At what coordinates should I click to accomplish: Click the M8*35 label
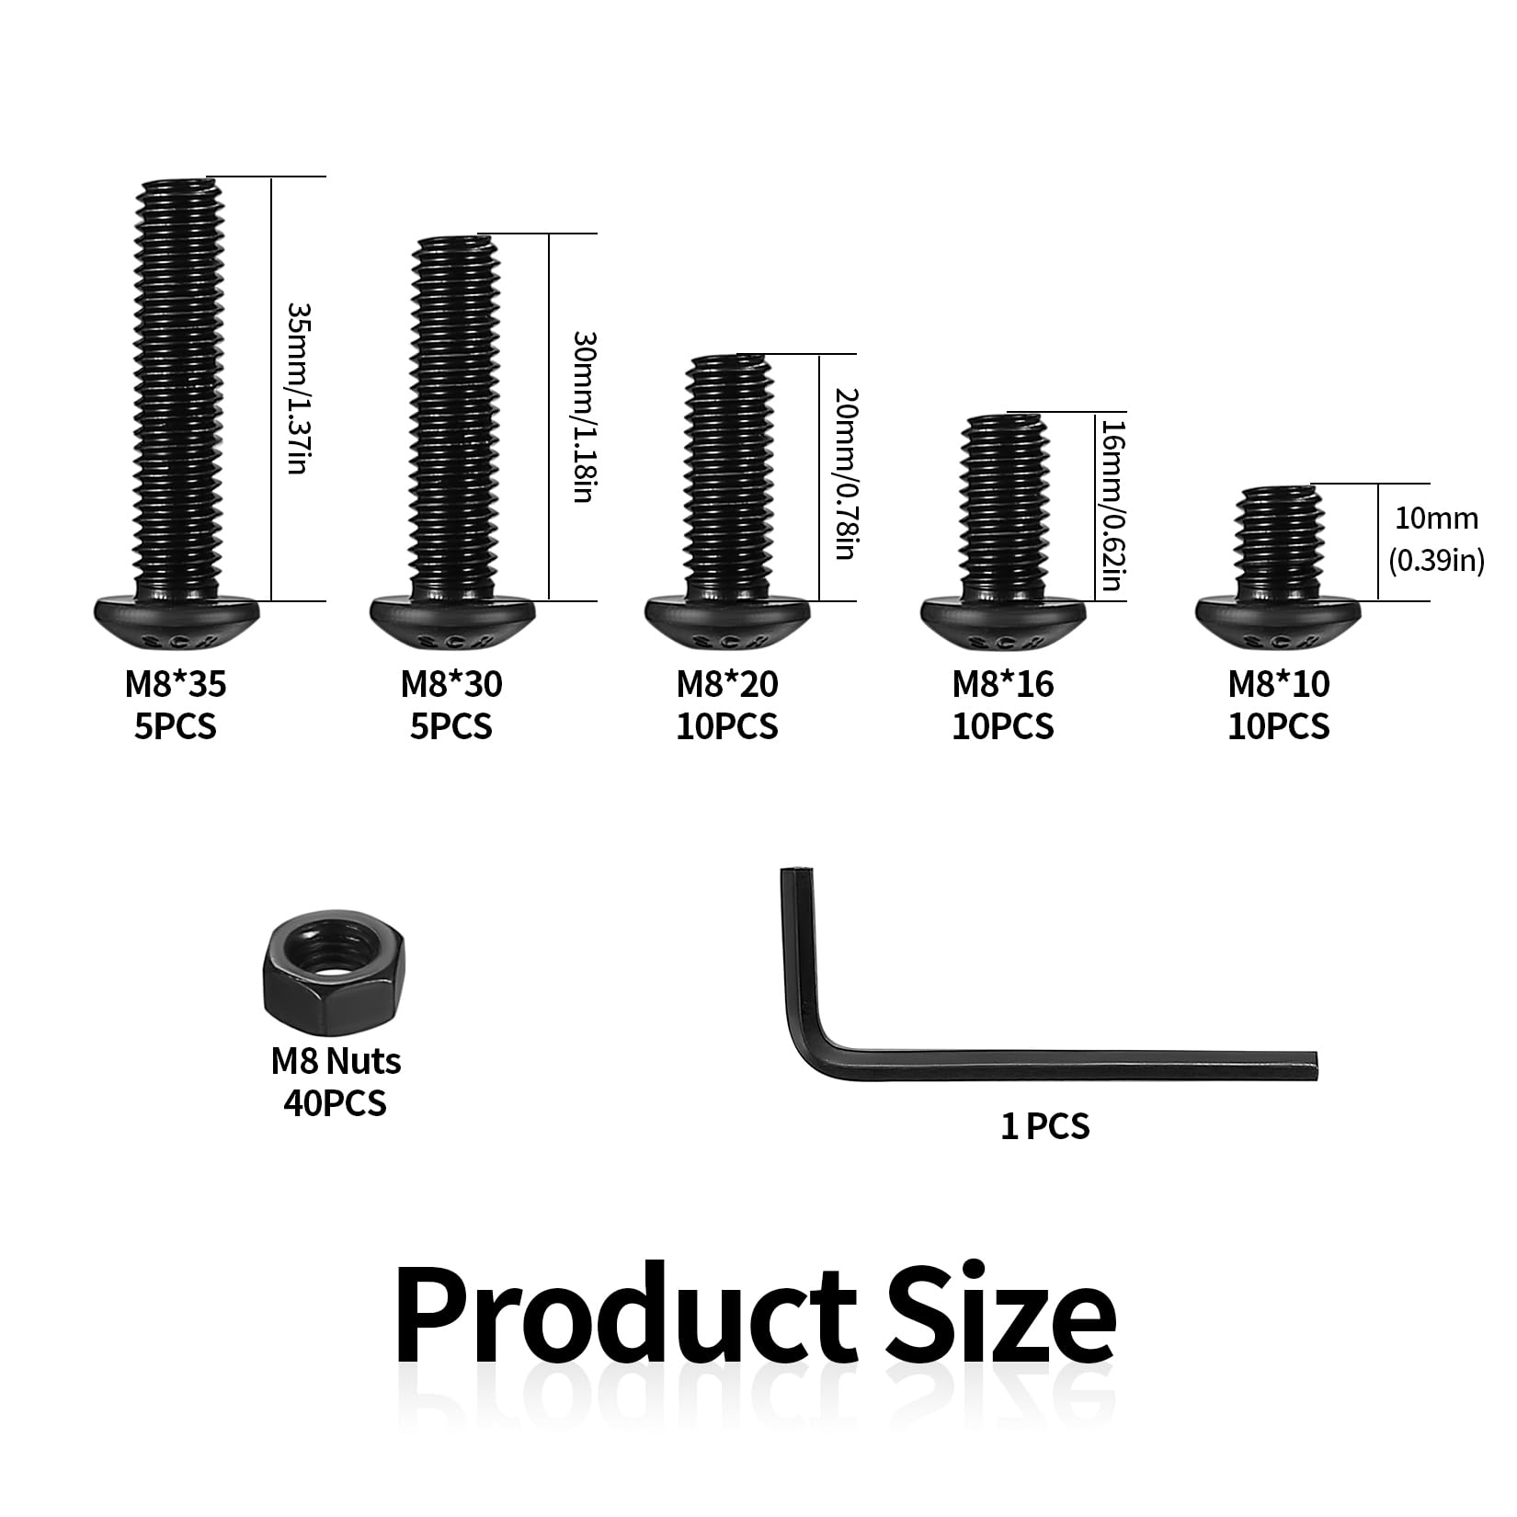tap(176, 684)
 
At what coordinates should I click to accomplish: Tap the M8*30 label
tap(451, 684)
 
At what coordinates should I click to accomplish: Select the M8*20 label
tap(727, 684)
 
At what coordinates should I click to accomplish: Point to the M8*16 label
tap(1003, 684)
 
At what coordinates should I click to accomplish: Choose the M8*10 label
tap(1279, 684)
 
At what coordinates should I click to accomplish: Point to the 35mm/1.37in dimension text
tap(296, 389)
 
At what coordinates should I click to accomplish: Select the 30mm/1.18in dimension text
tap(584, 416)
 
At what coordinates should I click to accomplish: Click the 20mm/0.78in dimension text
tap(846, 475)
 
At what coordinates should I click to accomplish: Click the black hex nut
tap(336, 974)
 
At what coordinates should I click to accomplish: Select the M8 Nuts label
tap(336, 1061)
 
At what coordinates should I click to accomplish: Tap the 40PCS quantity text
tap(336, 1102)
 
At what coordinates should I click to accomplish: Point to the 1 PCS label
tap(1044, 1126)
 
